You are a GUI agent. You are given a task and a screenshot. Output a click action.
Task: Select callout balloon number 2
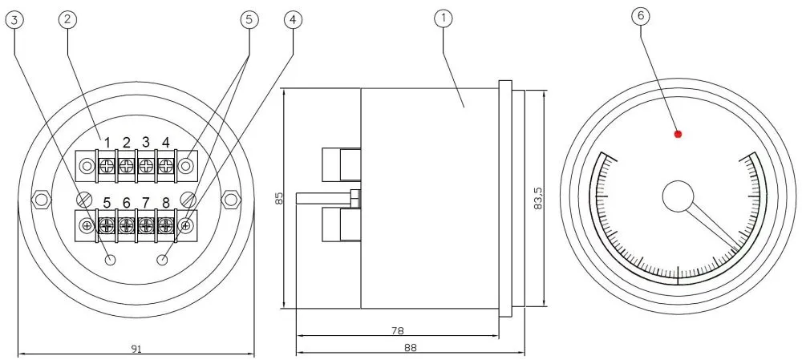click(x=67, y=21)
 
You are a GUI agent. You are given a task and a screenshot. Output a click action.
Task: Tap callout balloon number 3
click(x=14, y=21)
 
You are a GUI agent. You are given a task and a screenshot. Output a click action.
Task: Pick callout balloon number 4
click(x=294, y=21)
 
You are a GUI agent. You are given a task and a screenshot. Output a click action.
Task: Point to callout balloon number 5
click(x=249, y=21)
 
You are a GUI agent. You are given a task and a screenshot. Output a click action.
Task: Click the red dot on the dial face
click(x=678, y=134)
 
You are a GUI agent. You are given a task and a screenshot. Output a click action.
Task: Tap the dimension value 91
click(x=136, y=347)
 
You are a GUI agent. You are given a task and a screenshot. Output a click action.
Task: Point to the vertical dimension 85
click(x=279, y=197)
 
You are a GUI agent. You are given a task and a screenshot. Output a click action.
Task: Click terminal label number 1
click(x=107, y=143)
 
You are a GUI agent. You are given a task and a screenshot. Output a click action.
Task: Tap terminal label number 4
click(x=165, y=143)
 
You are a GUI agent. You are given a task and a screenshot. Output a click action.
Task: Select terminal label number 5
click(x=107, y=203)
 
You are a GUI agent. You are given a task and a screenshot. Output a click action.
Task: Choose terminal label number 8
click(x=165, y=203)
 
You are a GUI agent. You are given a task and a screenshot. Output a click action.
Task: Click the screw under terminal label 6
click(x=126, y=225)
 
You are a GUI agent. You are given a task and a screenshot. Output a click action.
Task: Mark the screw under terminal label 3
click(x=146, y=166)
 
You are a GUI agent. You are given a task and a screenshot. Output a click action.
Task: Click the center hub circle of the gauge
click(x=678, y=196)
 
